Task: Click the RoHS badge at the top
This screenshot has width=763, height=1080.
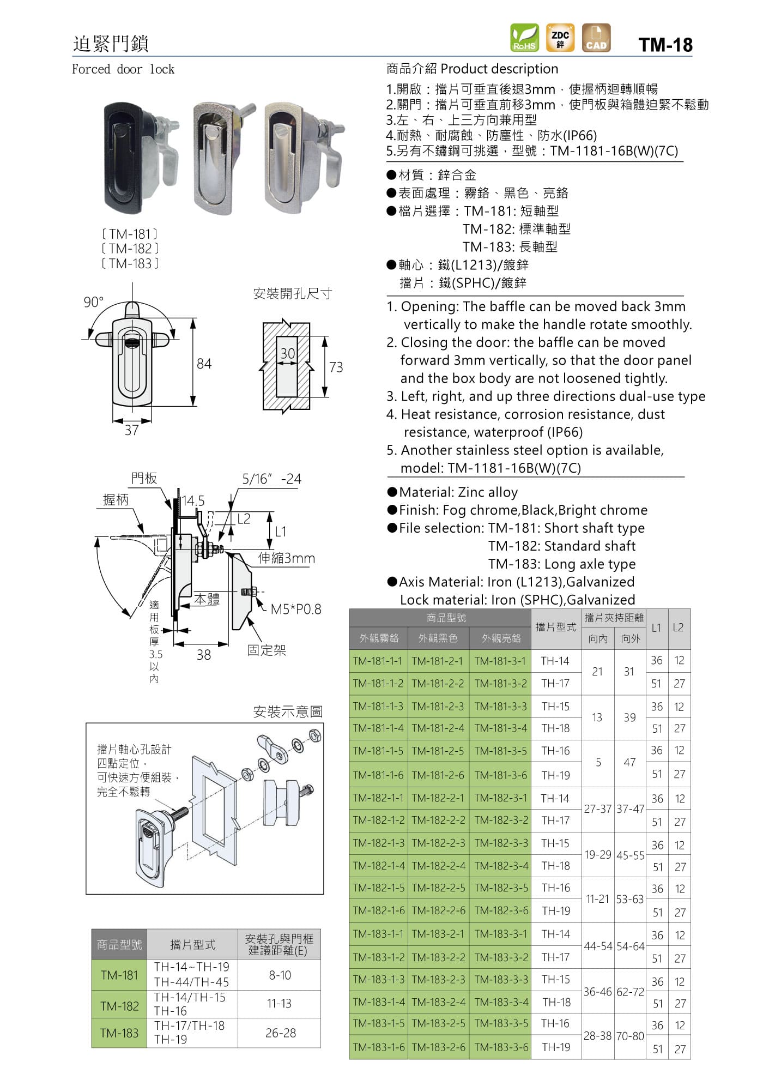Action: [x=524, y=38]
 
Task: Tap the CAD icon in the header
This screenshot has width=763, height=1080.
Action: [x=596, y=38]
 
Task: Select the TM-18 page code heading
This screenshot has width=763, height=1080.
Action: [x=665, y=45]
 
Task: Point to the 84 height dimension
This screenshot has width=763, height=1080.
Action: [x=204, y=364]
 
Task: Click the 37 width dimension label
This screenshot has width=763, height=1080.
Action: [x=131, y=430]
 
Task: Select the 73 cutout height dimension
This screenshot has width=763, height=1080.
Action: [x=336, y=367]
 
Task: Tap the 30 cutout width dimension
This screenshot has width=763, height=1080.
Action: [x=287, y=353]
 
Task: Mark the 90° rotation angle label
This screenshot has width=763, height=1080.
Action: [x=93, y=302]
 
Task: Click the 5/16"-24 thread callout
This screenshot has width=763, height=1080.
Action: [x=271, y=479]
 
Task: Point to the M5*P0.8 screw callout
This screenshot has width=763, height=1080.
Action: [x=296, y=609]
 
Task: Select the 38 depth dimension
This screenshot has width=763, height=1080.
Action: [x=203, y=655]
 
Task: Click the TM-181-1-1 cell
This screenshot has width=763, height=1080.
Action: [x=378, y=661]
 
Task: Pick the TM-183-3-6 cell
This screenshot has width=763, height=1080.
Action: [x=501, y=1047]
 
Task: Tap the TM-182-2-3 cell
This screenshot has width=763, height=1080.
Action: [x=438, y=843]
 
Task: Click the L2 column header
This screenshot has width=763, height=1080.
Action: [x=678, y=628]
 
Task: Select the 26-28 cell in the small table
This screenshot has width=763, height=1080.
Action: [x=280, y=1033]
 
